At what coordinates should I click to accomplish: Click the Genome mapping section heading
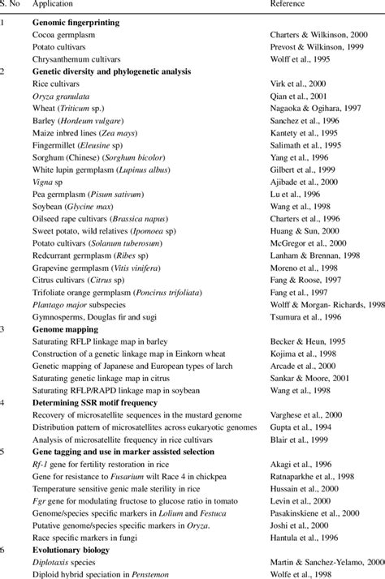tap(65, 331)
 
